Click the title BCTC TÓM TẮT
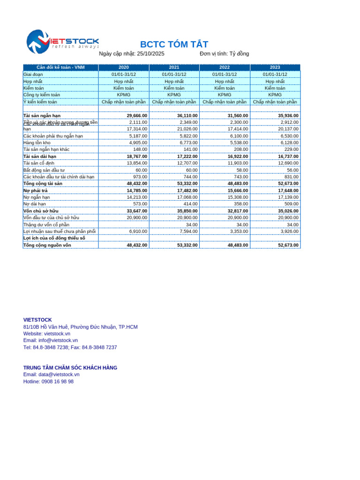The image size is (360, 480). coord(174,45)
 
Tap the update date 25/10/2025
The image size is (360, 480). coord(150,54)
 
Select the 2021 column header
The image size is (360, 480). coord(174,67)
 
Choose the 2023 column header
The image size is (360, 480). coord(275,67)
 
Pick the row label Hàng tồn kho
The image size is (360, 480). coord(37,142)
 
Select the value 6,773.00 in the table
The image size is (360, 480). coord(187,142)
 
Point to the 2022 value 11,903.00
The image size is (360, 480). coord(238,163)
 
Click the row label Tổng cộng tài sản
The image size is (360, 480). coord(46,184)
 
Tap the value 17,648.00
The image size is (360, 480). coord(288,191)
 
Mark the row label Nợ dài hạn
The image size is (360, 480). coord(35,204)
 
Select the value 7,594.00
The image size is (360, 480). coord(187,232)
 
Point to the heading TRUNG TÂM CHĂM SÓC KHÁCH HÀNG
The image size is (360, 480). coord(70,368)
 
